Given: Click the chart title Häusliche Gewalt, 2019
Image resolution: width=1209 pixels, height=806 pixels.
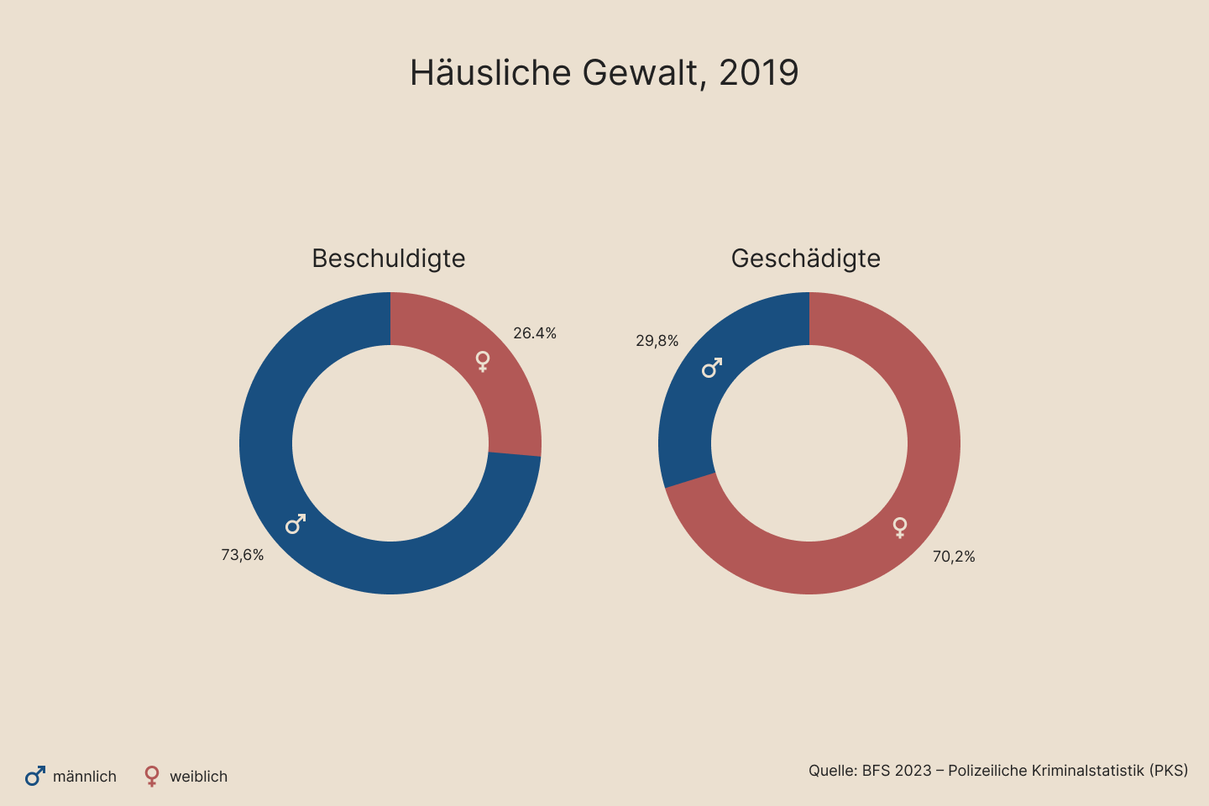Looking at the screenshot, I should click(604, 73).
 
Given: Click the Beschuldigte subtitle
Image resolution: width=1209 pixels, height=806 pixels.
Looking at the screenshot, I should click(389, 259).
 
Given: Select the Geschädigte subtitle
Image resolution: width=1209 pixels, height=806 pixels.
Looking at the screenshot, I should click(806, 259).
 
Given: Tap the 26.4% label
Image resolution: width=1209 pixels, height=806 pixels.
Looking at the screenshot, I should click(535, 333).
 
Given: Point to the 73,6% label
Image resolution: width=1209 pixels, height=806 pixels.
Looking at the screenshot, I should click(243, 555).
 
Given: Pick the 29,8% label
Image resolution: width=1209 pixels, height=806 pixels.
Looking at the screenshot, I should click(657, 341).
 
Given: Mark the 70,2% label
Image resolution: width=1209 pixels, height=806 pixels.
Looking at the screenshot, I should click(954, 557).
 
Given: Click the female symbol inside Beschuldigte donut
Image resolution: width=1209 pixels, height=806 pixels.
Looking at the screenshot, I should click(483, 362).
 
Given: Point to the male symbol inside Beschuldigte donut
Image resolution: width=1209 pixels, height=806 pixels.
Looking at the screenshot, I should click(296, 524).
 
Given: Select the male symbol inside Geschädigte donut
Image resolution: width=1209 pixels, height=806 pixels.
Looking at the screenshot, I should click(712, 368).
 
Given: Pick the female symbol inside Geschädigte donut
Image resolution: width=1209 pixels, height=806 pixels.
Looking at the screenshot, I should click(900, 527).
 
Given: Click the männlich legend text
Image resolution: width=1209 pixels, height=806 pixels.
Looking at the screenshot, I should click(85, 777).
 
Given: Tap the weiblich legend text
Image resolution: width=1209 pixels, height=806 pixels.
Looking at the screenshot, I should click(199, 777).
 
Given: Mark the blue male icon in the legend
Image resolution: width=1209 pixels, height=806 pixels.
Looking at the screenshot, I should click(35, 776).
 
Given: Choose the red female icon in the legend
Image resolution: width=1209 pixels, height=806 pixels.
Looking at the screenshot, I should click(152, 776).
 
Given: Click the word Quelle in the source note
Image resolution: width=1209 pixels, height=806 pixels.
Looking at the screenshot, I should click(832, 771).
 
